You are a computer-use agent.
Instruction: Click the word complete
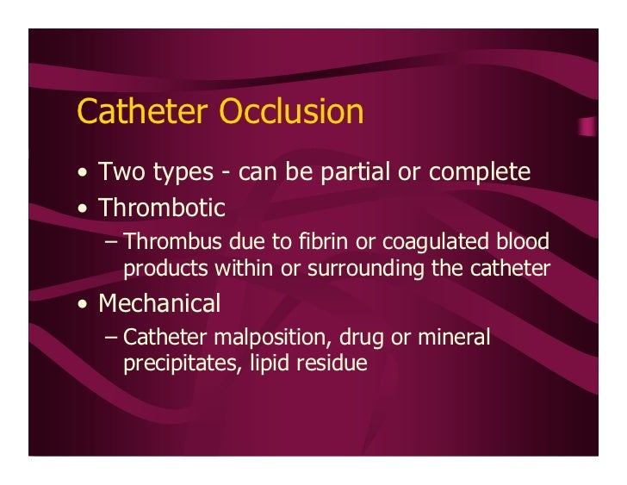(479, 172)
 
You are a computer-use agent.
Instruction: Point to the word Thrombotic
(162, 208)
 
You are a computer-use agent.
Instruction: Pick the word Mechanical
(159, 303)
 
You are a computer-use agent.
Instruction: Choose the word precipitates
(173, 364)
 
